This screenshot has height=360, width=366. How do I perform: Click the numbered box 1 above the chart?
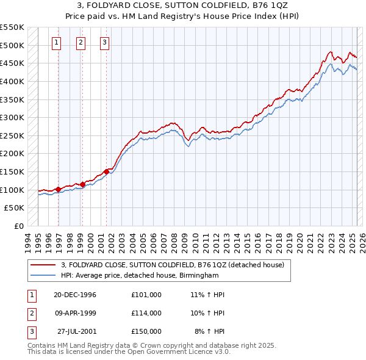[x=56, y=42]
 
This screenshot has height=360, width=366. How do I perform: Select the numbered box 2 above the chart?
[x=81, y=42]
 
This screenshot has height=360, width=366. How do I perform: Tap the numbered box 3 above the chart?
[x=105, y=42]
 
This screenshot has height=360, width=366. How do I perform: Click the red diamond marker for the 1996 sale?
[x=58, y=189]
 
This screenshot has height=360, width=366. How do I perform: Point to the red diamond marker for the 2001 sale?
[x=106, y=171]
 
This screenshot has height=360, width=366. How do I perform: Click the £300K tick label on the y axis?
[x=13, y=117]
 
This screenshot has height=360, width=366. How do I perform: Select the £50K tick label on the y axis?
[x=15, y=208]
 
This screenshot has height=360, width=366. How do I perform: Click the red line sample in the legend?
[x=43, y=265]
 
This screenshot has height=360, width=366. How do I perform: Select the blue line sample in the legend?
[x=43, y=276]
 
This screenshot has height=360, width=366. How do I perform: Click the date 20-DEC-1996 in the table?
[x=75, y=295]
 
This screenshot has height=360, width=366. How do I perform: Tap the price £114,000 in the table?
[x=146, y=313]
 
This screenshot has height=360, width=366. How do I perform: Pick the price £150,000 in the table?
[x=146, y=331]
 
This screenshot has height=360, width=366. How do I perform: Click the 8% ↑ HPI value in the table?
[x=210, y=331]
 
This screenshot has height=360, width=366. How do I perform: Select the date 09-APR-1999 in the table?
[x=75, y=313]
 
